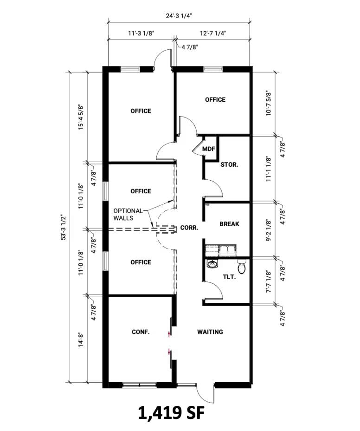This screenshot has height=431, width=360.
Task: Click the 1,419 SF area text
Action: [171, 413]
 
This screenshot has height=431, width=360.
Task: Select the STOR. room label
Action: [229, 165]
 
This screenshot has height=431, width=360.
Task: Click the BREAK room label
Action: [229, 224]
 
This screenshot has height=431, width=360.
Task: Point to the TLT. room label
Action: [229, 277]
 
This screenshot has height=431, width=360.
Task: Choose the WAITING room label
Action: [210, 332]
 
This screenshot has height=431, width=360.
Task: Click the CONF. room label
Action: [140, 332]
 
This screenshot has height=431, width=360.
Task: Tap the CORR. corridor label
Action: [190, 228]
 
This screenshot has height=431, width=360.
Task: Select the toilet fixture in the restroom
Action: [241, 267]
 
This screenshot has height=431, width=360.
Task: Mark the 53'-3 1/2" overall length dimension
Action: [65, 227]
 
